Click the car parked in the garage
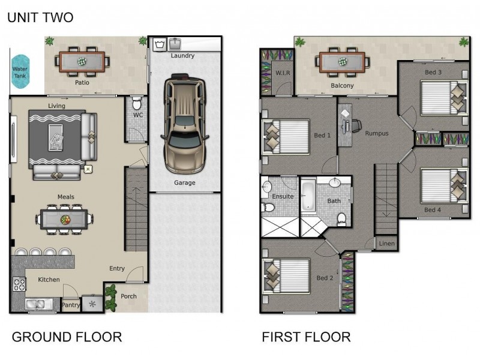185,124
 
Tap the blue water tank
20,72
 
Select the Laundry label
182,56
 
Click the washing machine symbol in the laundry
160,44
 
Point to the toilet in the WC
137,103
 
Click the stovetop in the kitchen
19,284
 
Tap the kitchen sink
39,304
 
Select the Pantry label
71,305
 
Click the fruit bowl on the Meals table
65,219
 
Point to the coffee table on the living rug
56,137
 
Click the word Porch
128,296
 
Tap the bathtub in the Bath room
308,196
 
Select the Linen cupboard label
386,244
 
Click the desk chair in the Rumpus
356,125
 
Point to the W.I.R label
283,73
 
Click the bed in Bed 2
286,277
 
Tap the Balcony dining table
342,62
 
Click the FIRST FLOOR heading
306,337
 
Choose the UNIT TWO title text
40,17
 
